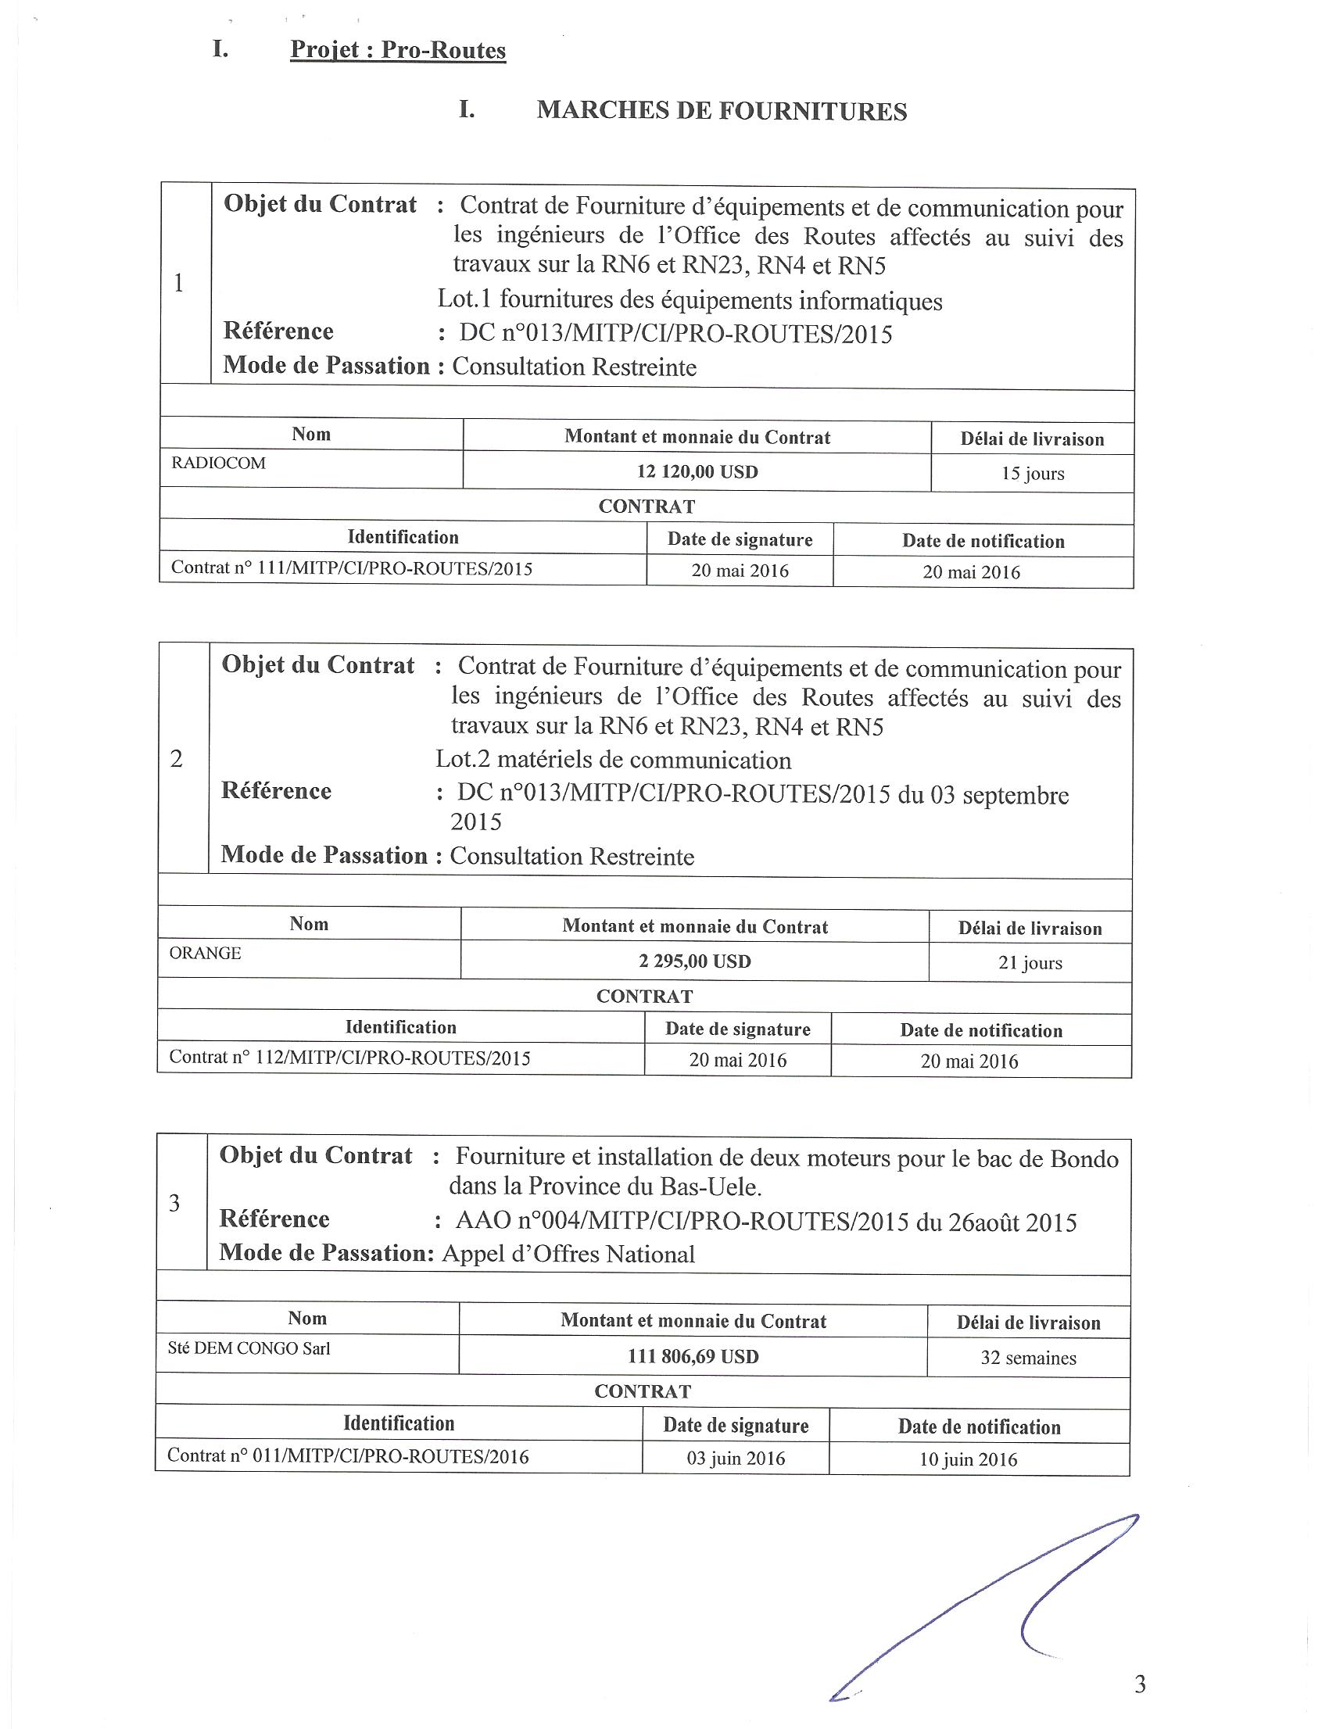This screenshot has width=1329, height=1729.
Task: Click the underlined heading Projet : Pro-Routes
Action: tap(398, 50)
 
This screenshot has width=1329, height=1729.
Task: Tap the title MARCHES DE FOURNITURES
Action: tap(722, 111)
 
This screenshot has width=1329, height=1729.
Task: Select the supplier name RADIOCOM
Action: tap(218, 463)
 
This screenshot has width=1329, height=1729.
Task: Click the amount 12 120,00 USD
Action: tap(697, 472)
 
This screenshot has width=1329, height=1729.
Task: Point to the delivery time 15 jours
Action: tap(1033, 474)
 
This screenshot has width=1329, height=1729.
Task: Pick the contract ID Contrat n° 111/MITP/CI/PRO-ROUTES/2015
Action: tap(351, 568)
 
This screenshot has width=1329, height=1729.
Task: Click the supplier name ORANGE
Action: tap(205, 953)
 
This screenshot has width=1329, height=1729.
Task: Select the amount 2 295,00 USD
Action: tap(694, 961)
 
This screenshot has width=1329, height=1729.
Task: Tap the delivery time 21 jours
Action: tap(1030, 963)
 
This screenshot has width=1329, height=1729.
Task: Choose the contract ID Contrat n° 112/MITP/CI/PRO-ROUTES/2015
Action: tap(349, 1058)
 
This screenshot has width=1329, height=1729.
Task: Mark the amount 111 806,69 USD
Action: tap(693, 1357)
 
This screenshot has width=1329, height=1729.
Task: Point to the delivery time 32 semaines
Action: tap(1028, 1358)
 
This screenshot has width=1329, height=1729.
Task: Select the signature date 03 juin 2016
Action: tap(736, 1459)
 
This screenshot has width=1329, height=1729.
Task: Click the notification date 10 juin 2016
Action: tap(968, 1459)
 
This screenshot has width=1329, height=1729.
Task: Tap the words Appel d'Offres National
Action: tap(568, 1254)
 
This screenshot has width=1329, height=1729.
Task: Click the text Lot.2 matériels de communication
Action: tap(613, 760)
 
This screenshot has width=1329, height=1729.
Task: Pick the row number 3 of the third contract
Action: tap(175, 1203)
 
